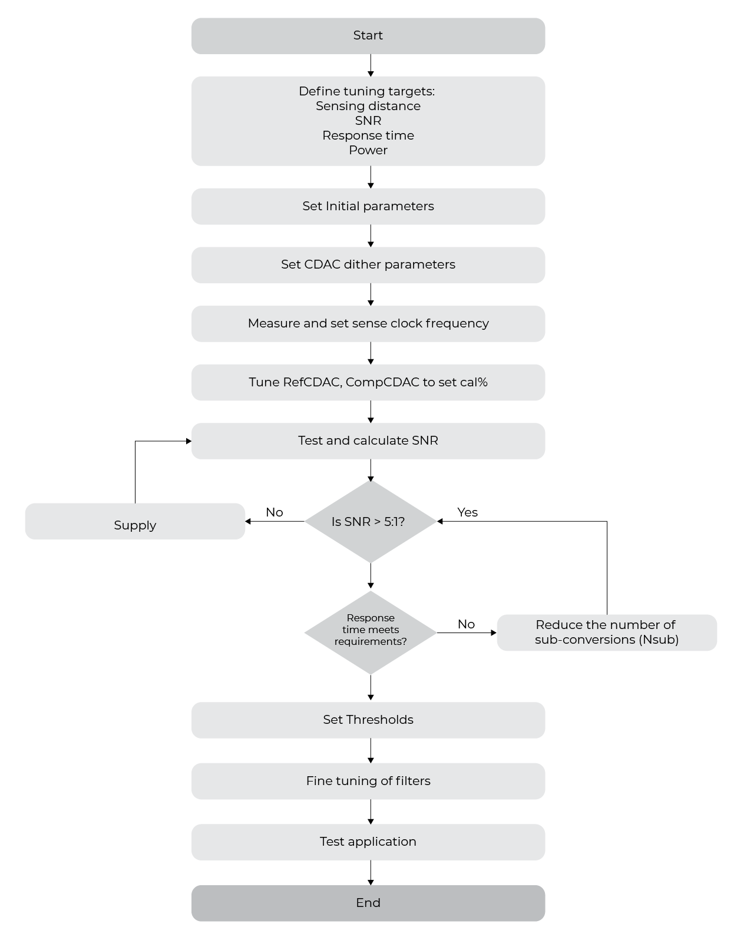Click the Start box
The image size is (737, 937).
368,36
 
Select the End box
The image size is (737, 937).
368,903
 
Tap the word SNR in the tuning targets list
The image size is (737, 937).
368,121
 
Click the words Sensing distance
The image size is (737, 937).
368,106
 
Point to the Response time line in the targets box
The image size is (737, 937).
368,135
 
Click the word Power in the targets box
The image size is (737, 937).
368,150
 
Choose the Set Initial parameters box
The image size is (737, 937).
368,206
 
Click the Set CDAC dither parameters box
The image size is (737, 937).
368,264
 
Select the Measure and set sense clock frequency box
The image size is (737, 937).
368,323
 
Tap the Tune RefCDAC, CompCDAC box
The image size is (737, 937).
368,382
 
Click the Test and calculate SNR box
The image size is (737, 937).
368,441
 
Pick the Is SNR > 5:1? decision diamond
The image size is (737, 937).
370,522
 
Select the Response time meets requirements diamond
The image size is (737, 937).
370,632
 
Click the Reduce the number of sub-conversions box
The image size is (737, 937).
607,632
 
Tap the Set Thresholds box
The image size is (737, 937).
368,720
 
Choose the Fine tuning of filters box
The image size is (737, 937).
368,781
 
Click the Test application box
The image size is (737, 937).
368,842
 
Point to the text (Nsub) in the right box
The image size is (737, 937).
659,640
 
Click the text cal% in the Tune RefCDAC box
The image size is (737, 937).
474,382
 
